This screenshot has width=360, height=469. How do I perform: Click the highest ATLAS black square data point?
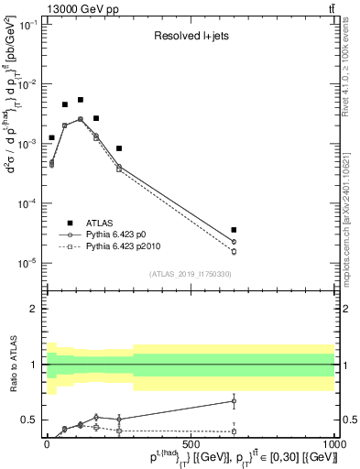pyautogui.click(x=81, y=100)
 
